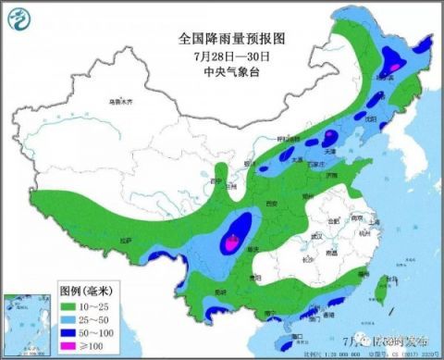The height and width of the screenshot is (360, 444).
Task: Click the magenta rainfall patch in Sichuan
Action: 229,243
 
